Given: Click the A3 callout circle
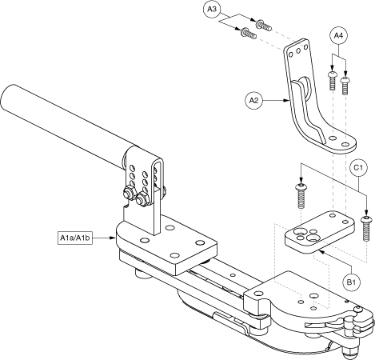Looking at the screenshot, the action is pos(212,10).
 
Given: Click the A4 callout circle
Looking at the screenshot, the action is pos(338,35).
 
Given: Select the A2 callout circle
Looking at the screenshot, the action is pos(253,101).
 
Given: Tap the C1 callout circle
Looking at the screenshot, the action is pos(358,168).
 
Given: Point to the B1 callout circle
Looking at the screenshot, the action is pos(351,282).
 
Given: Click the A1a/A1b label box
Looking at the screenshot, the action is pos(75,238).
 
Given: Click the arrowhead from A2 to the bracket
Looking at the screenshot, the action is pos(287,101).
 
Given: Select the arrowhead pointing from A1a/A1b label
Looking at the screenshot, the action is pos(114,238).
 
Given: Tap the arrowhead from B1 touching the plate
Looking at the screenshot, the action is pos(321,252).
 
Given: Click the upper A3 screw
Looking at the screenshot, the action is pos(264,26).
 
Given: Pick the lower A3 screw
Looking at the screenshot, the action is pos(249,34).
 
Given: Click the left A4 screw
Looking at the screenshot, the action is pos(332,81).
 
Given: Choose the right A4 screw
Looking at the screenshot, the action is pos(345,86).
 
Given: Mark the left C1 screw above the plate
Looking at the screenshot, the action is pos(301,195).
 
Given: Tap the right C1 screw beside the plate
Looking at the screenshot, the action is pos(366,229).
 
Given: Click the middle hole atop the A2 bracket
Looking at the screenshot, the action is pos(298,51).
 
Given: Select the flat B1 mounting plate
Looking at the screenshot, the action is pos(320,231).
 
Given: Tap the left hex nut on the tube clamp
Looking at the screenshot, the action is pos(129,194).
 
